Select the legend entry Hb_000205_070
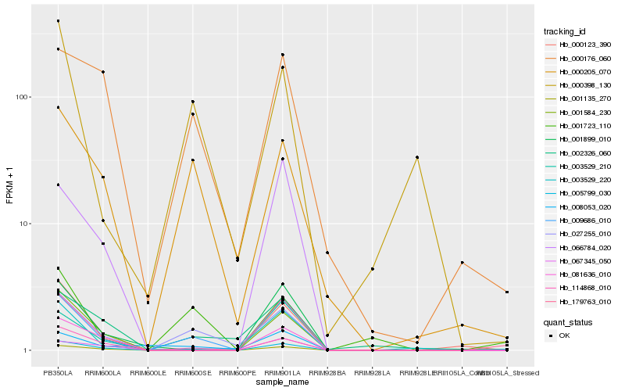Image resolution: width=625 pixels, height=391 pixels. [x=579, y=71]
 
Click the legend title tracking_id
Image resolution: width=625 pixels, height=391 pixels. [x=565, y=31]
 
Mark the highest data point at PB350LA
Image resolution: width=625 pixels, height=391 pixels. [x=59, y=21]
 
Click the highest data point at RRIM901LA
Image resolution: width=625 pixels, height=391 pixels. [x=283, y=55]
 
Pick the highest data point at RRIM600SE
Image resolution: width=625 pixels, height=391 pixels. [x=193, y=102]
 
